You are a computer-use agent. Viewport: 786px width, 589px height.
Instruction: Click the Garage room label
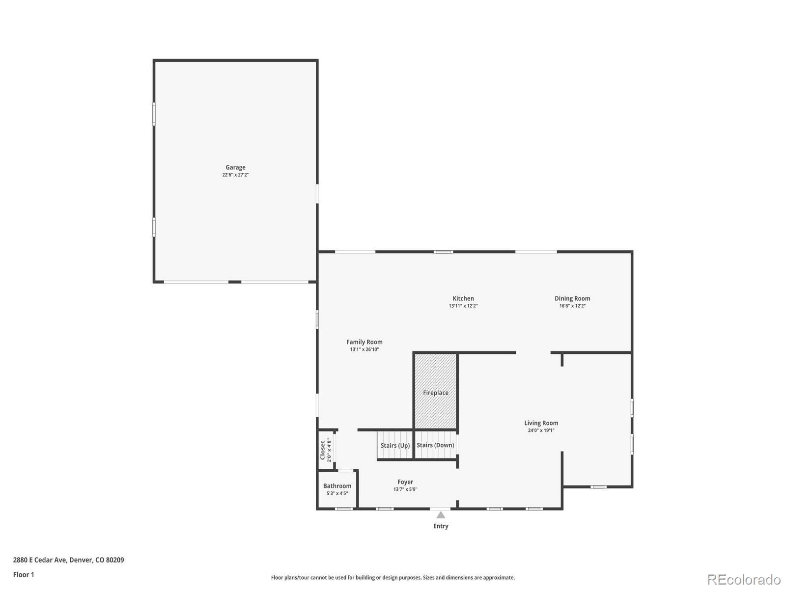235,167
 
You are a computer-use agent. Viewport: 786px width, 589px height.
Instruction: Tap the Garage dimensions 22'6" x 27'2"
235,175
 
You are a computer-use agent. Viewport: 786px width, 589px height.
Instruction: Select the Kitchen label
463,298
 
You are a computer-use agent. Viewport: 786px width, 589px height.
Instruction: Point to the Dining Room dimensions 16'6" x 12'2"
572,306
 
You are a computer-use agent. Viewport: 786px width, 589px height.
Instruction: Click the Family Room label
364,342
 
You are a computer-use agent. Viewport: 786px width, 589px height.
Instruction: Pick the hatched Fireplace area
435,391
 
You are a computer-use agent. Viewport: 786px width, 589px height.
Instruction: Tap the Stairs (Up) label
395,446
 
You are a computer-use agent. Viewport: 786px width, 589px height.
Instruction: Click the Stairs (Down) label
435,445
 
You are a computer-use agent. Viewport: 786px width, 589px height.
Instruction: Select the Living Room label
541,423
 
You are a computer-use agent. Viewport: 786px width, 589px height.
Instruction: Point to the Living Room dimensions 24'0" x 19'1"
541,430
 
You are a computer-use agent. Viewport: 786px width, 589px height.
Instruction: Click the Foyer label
405,482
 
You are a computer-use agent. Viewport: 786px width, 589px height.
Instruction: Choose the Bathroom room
337,489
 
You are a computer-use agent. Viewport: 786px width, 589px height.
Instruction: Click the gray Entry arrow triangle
441,515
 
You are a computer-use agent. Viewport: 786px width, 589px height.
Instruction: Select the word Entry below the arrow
441,526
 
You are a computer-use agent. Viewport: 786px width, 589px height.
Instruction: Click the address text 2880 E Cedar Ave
40,560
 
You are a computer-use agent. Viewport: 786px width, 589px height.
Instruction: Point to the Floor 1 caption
24,575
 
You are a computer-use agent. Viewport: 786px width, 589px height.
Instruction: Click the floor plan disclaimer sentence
393,578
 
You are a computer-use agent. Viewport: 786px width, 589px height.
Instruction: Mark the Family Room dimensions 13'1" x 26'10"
364,349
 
